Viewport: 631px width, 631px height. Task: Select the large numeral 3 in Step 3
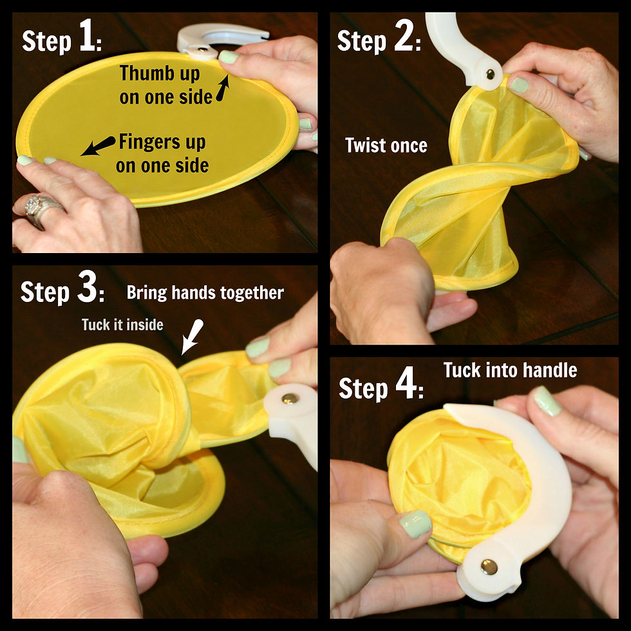click(x=87, y=286)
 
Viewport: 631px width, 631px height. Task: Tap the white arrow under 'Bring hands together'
click(x=193, y=336)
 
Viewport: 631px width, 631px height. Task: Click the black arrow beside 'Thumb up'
click(x=223, y=88)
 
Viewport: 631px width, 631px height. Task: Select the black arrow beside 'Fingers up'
click(x=98, y=146)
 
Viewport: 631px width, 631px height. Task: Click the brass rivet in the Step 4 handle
click(x=489, y=567)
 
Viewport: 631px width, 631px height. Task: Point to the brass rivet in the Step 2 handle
click(x=490, y=74)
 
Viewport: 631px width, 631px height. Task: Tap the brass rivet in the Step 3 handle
click(x=290, y=399)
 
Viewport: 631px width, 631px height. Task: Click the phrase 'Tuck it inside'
click(x=122, y=325)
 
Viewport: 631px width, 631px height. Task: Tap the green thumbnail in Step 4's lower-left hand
click(x=416, y=524)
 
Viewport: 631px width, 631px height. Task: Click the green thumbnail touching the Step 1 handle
click(x=229, y=57)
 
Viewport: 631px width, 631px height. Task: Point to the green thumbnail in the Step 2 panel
click(x=519, y=84)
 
